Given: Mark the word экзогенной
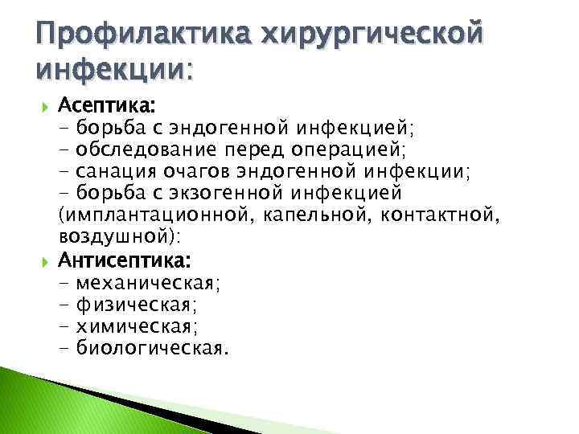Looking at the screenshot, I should tap(236, 193).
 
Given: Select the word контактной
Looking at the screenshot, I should tap(414, 215).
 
